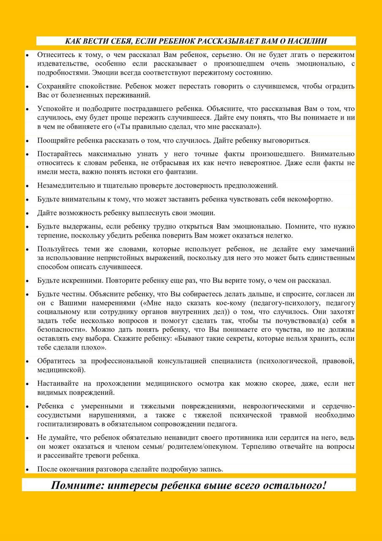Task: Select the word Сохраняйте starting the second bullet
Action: pyautogui.click(x=55, y=86)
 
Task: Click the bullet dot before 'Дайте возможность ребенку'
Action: pyautogui.click(x=27, y=213)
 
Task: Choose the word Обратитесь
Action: pyautogui.click(x=54, y=361)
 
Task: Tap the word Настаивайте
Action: pyautogui.click(x=57, y=383)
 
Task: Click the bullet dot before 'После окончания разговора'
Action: pyautogui.click(x=27, y=470)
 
